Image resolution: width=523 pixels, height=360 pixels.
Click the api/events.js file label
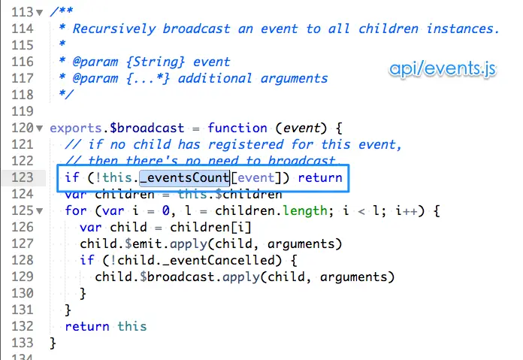(x=443, y=69)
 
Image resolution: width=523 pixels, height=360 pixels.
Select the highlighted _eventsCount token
(x=184, y=178)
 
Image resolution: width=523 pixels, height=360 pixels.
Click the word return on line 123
(x=319, y=178)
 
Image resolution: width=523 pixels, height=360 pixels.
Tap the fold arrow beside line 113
(x=40, y=13)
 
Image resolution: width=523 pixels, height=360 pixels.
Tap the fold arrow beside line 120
(x=40, y=129)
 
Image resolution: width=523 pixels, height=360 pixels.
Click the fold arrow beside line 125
(x=40, y=210)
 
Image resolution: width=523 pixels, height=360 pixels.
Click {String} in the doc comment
(x=156, y=62)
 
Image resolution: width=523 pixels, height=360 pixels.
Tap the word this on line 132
(x=132, y=326)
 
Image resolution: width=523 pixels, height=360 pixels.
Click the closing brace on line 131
(x=68, y=310)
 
